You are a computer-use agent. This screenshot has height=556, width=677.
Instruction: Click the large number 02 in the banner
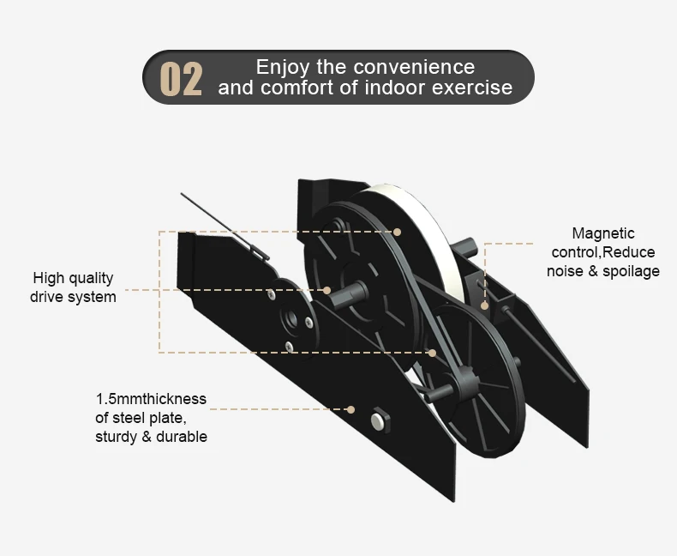[182, 79]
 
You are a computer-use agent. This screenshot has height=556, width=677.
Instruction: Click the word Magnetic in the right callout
[603, 233]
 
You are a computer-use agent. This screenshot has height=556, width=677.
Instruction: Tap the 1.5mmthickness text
[151, 399]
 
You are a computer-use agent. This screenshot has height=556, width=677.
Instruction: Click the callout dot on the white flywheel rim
[397, 232]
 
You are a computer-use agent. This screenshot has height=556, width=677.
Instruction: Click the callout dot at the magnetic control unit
[485, 305]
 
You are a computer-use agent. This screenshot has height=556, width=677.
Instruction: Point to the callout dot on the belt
[433, 352]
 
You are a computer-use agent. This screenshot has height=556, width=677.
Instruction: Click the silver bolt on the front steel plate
[378, 420]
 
